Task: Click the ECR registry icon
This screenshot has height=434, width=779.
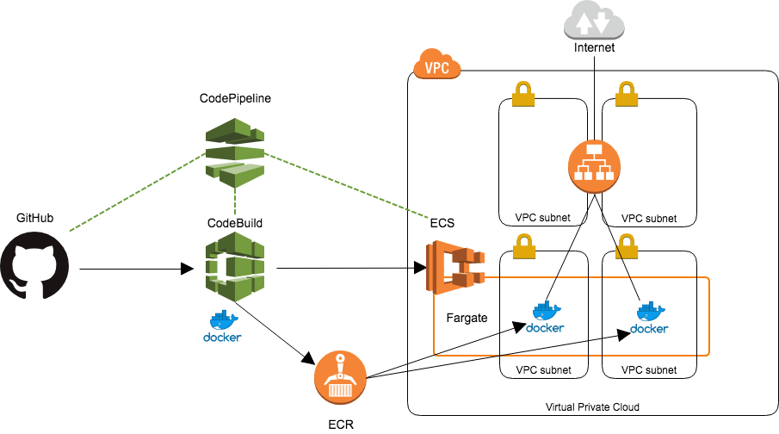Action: [x=340, y=376]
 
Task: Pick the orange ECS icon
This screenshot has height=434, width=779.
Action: [x=453, y=267]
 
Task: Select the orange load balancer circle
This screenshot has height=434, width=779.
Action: [x=594, y=165]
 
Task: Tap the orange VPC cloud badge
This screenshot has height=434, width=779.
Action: [x=437, y=67]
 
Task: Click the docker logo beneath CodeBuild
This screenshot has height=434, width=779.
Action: [x=222, y=326]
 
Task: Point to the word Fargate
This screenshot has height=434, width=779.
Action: [x=467, y=318]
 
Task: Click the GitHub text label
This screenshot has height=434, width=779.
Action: [x=35, y=218]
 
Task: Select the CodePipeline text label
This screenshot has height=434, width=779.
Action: [x=235, y=99]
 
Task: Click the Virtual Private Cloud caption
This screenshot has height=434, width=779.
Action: [x=592, y=406]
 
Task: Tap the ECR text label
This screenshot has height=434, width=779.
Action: [x=341, y=424]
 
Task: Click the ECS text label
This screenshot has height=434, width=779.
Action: [x=442, y=223]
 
